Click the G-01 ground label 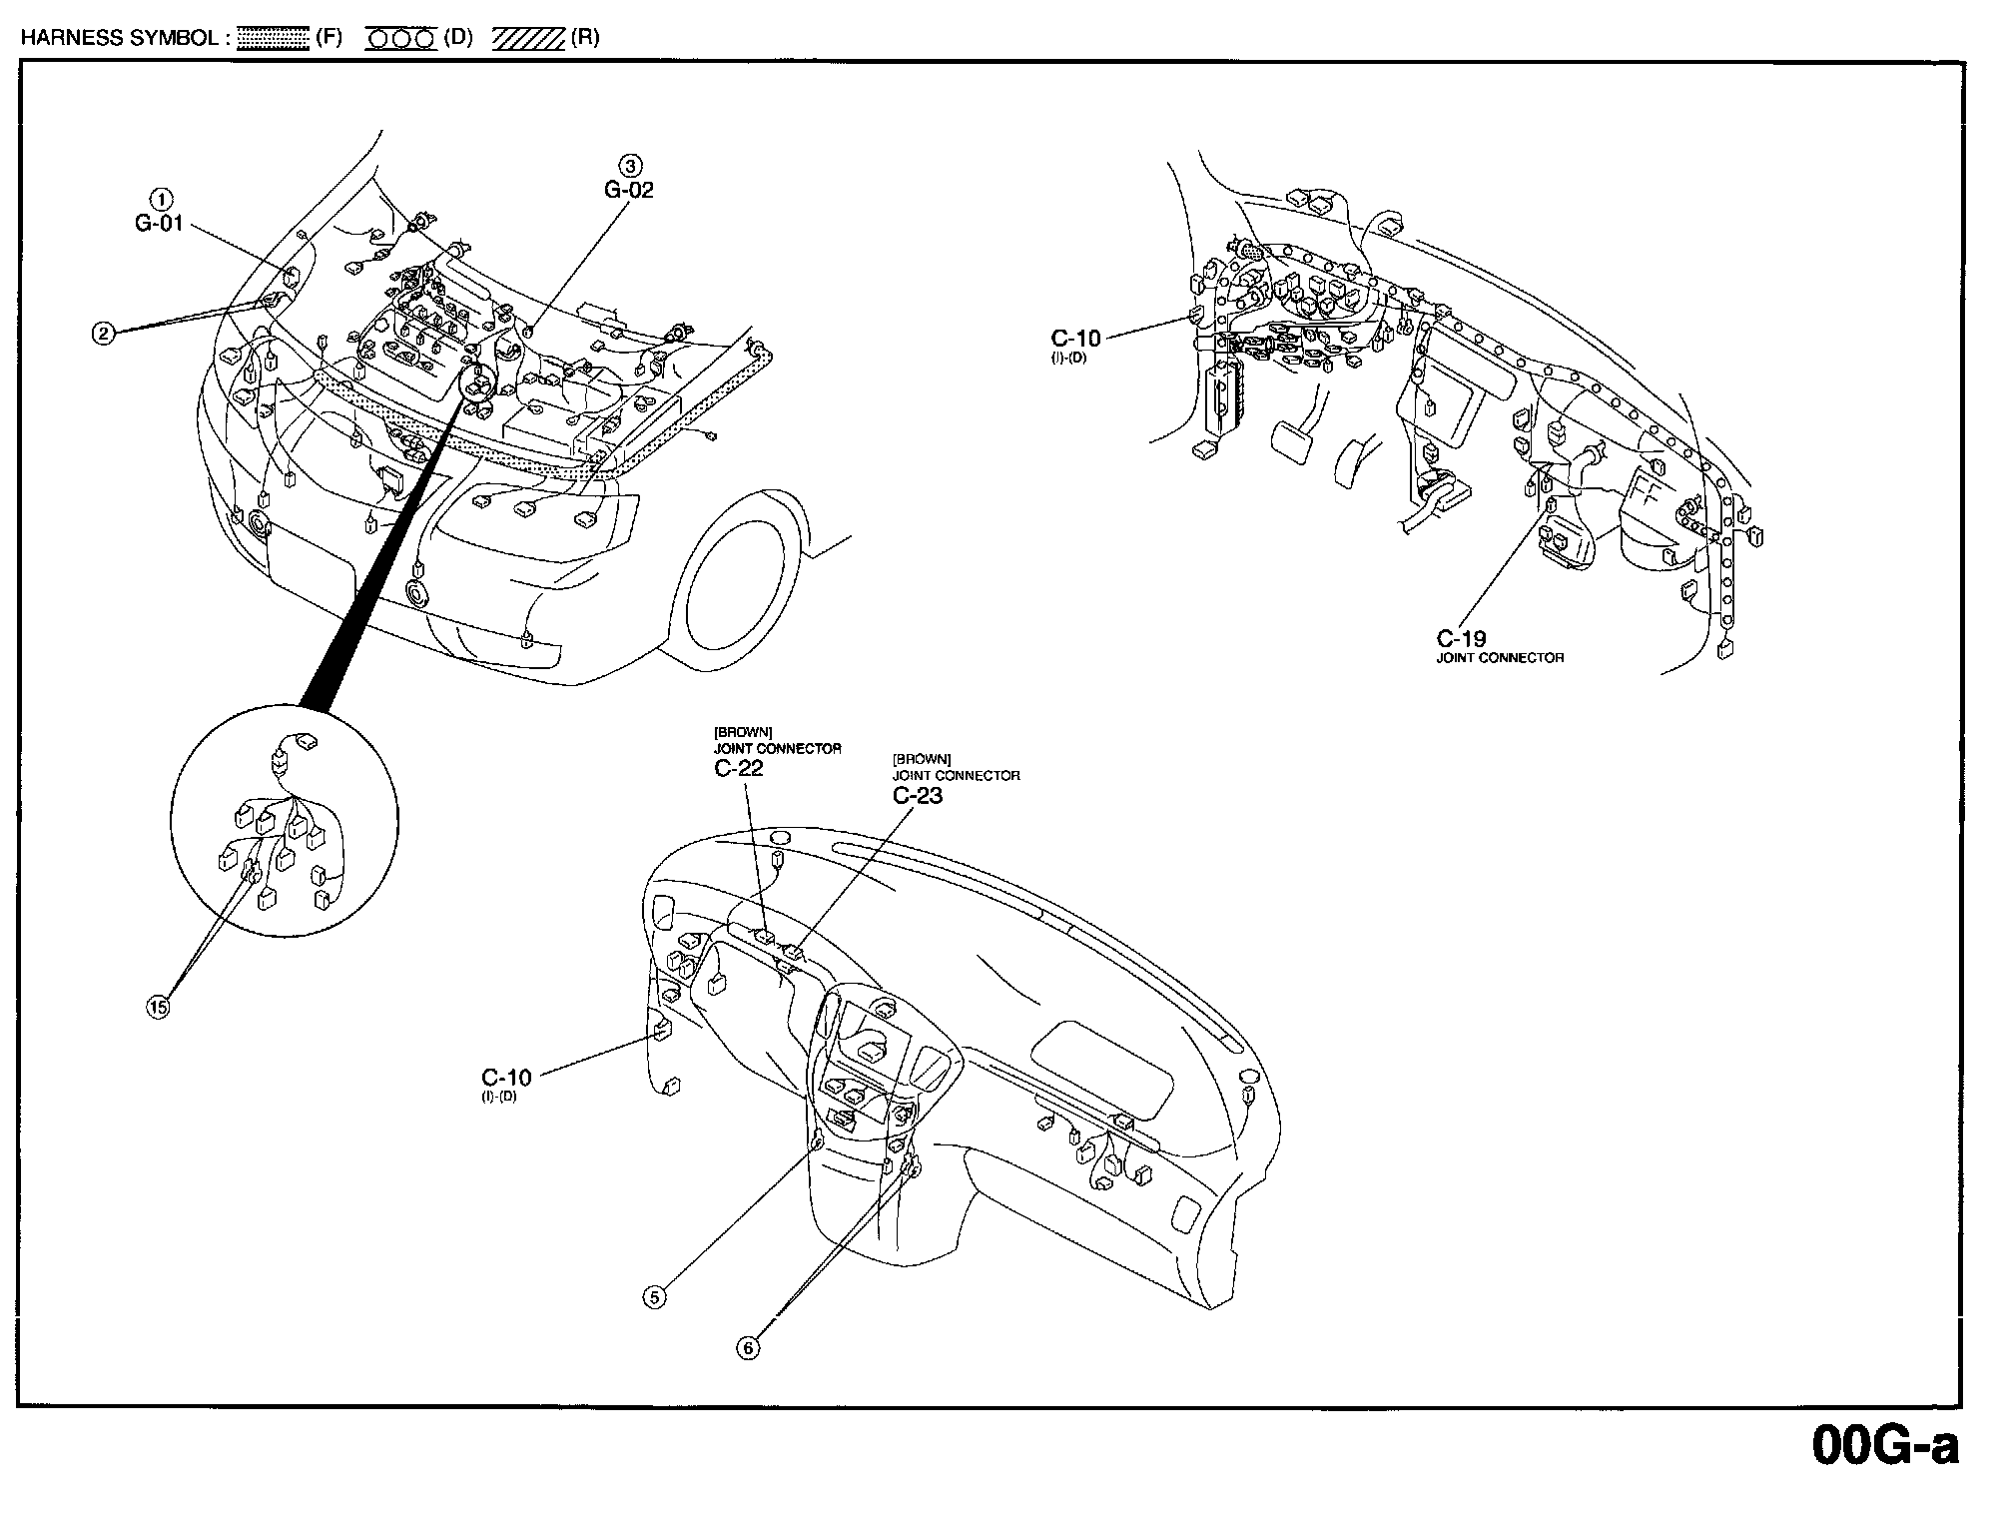[160, 223]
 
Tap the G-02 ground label [629, 190]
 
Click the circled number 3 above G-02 [630, 165]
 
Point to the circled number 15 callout [158, 1008]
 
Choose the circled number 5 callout [654, 1297]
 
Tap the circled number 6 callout [748, 1348]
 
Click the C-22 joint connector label [738, 768]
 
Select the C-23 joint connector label [917, 795]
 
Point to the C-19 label [1461, 638]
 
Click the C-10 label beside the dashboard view [506, 1078]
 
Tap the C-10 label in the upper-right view [1075, 339]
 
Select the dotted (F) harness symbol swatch [274, 39]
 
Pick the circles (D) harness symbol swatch [400, 39]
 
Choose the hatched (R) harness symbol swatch [529, 39]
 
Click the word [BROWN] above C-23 [921, 759]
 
